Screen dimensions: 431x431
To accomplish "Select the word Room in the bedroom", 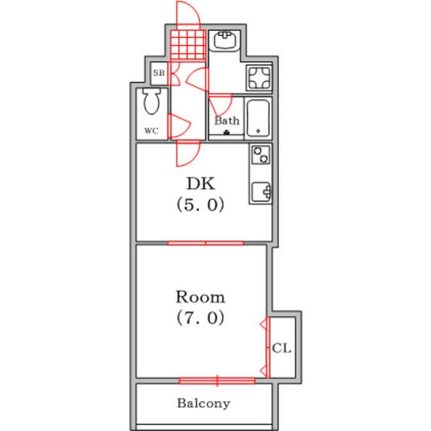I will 200,296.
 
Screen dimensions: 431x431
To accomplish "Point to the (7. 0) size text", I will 200,318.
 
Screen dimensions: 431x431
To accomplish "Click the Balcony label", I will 203,404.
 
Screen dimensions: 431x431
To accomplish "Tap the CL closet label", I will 282,348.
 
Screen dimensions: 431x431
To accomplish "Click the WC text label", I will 151,131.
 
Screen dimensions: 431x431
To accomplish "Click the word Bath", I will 227,121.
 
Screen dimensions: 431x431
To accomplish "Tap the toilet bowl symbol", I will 152,102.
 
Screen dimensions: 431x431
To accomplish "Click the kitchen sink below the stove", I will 260,192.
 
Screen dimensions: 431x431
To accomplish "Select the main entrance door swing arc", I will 186,13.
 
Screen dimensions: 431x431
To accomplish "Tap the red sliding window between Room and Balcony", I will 217,379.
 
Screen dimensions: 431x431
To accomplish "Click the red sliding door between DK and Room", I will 205,243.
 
